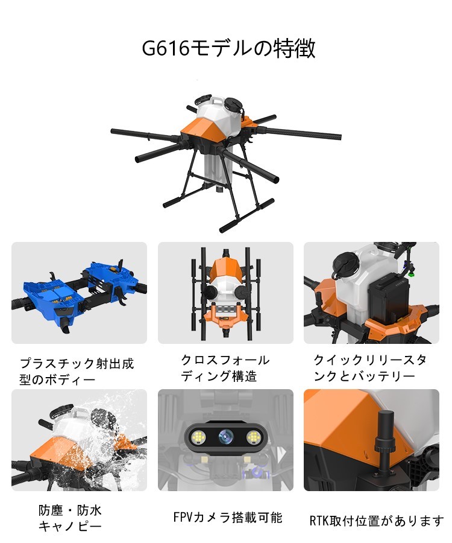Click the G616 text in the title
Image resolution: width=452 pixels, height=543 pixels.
(166, 48)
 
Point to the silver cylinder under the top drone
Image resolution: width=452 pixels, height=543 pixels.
(217, 172)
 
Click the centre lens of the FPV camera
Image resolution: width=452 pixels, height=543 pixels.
(226, 437)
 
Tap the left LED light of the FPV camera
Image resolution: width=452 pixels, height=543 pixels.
(199, 437)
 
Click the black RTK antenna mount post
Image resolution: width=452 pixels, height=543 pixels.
(385, 440)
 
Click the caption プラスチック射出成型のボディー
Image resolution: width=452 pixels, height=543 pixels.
(77, 372)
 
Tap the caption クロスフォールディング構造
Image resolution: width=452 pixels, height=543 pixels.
(225, 368)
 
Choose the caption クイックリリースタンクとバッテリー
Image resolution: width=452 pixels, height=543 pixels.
(370, 368)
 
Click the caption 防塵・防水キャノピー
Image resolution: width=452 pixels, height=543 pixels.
(70, 518)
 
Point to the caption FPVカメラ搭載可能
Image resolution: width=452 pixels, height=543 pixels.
(228, 518)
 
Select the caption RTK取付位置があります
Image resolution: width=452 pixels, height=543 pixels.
(377, 521)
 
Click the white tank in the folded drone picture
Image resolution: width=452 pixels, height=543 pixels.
(225, 290)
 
